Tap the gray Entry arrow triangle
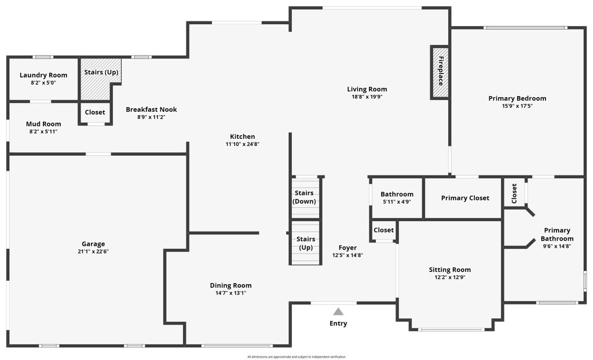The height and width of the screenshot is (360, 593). pyautogui.click(x=338, y=311)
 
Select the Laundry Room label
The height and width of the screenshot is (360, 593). pyautogui.click(x=43, y=75)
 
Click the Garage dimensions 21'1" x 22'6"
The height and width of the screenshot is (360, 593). pyautogui.click(x=93, y=251)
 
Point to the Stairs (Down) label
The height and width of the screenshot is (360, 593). pyautogui.click(x=305, y=197)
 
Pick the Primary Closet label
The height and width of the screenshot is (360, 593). pyautogui.click(x=465, y=198)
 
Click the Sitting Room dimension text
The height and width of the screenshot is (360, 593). pyautogui.click(x=449, y=277)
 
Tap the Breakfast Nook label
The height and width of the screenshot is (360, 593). pyautogui.click(x=151, y=109)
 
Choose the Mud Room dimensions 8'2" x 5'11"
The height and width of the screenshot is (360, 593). pyautogui.click(x=43, y=131)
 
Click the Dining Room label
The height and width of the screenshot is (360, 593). pyautogui.click(x=230, y=286)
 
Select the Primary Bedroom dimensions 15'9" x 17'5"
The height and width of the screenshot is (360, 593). pyautogui.click(x=517, y=106)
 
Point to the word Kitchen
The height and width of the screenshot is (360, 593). pyautogui.click(x=243, y=137)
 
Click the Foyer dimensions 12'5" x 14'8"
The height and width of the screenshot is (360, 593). pyautogui.click(x=347, y=255)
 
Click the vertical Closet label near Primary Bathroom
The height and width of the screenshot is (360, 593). pyautogui.click(x=514, y=194)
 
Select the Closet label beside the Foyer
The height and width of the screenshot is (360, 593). pyautogui.click(x=383, y=230)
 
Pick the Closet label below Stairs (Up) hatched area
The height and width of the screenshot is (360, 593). pyautogui.click(x=95, y=112)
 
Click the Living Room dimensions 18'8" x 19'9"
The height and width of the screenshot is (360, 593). pyautogui.click(x=367, y=97)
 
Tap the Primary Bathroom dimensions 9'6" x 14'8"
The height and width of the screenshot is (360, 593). pyautogui.click(x=557, y=246)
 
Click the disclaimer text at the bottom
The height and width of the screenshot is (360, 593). pyautogui.click(x=296, y=357)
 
